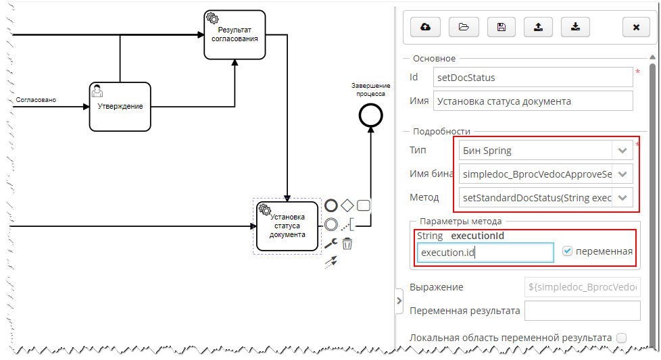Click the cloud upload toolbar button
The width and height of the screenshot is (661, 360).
[426, 27]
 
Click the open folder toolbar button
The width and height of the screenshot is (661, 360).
[463, 27]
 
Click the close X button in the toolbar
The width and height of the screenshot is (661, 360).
[636, 27]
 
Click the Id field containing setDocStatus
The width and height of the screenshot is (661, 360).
[533, 77]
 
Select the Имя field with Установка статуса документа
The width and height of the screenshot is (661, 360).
[533, 101]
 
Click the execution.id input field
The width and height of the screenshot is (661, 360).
[485, 253]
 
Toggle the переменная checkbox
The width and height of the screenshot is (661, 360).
[568, 251]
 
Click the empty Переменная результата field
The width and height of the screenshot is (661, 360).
[582, 311]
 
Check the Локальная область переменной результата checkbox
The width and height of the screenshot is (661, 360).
[621, 337]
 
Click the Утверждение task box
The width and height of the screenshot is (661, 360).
[120, 106]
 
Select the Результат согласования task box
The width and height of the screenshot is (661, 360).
[235, 34]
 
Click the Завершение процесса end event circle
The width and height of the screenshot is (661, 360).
[370, 116]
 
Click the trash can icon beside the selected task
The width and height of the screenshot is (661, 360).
[347, 244]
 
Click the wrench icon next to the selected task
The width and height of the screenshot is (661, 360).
[330, 243]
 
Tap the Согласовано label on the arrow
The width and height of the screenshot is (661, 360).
[36, 100]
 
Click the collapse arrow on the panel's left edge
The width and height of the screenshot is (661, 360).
[399, 301]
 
